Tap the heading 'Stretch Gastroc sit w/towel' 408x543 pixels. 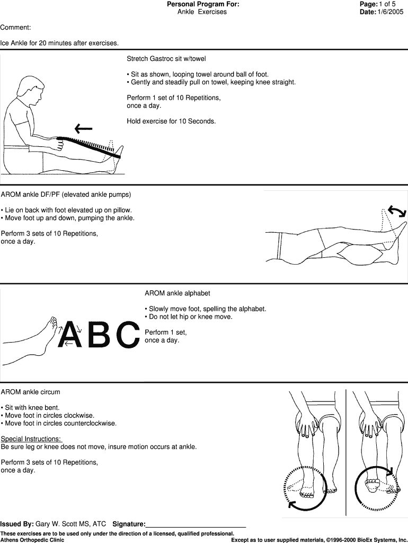[x=166, y=58]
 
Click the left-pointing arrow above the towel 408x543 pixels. [x=83, y=128]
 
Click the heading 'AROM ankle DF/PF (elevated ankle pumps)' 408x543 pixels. [x=66, y=194]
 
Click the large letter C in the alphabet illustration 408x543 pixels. [x=128, y=334]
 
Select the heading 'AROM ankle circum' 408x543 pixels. [x=30, y=392]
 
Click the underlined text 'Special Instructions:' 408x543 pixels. [x=31, y=439]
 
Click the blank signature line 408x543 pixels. [x=196, y=525]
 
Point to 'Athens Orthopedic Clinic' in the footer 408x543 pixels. [x=32, y=540]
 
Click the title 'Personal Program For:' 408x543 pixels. [x=203, y=4]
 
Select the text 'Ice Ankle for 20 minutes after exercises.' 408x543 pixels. [x=59, y=43]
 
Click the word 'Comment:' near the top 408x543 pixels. [x=15, y=27]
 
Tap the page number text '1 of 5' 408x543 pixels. [x=387, y=4]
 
